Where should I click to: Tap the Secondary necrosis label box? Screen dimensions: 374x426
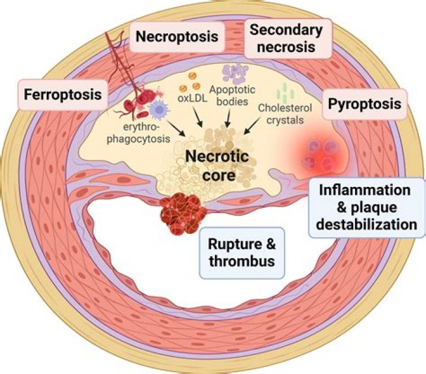[279, 38]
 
